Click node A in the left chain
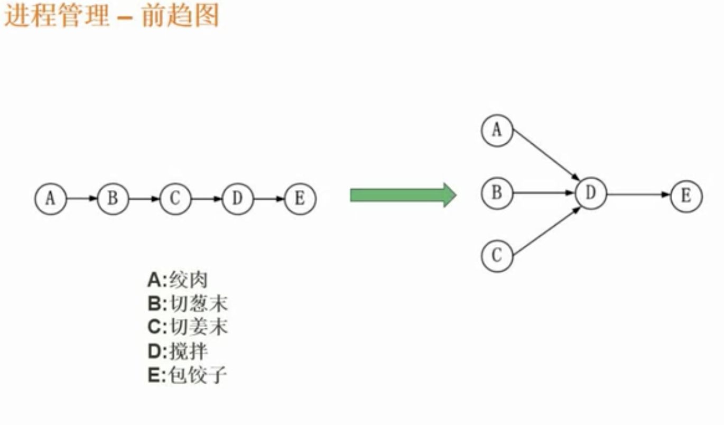51,199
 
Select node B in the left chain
113,199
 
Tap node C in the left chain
175,199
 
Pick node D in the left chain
238,199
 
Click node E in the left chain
300,199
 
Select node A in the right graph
497,131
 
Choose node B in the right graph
497,192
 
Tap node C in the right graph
497,255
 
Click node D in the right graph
591,194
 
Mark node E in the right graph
686,195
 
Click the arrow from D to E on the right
638,195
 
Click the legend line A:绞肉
178,280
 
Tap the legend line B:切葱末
188,304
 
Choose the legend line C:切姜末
188,328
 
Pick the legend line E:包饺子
188,375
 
